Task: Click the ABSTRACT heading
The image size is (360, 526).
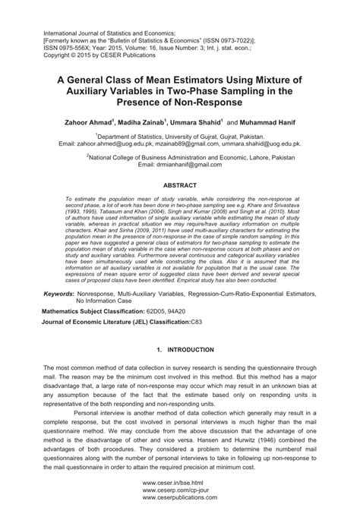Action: click(x=179, y=184)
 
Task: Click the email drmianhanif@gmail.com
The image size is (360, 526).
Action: click(x=179, y=164)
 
